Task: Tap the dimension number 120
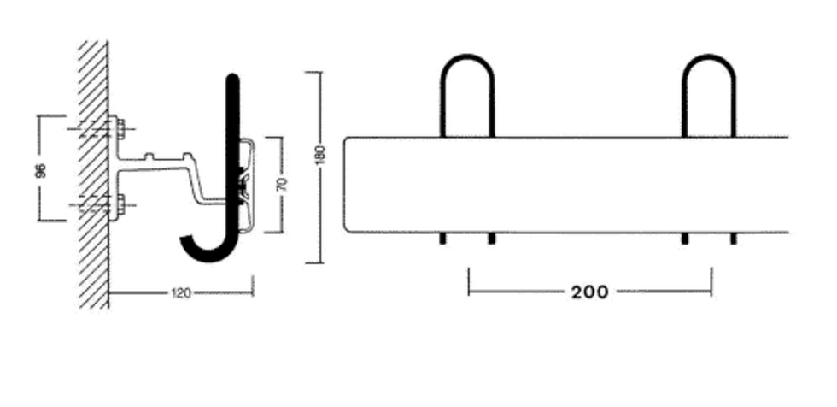tap(181, 292)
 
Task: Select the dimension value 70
tap(283, 184)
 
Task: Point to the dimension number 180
tap(320, 155)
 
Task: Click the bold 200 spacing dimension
tap(590, 292)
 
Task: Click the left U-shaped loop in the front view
tap(467, 56)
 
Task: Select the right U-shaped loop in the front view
tap(709, 56)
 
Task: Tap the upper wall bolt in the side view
tap(120, 129)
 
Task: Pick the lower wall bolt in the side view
tap(120, 204)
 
